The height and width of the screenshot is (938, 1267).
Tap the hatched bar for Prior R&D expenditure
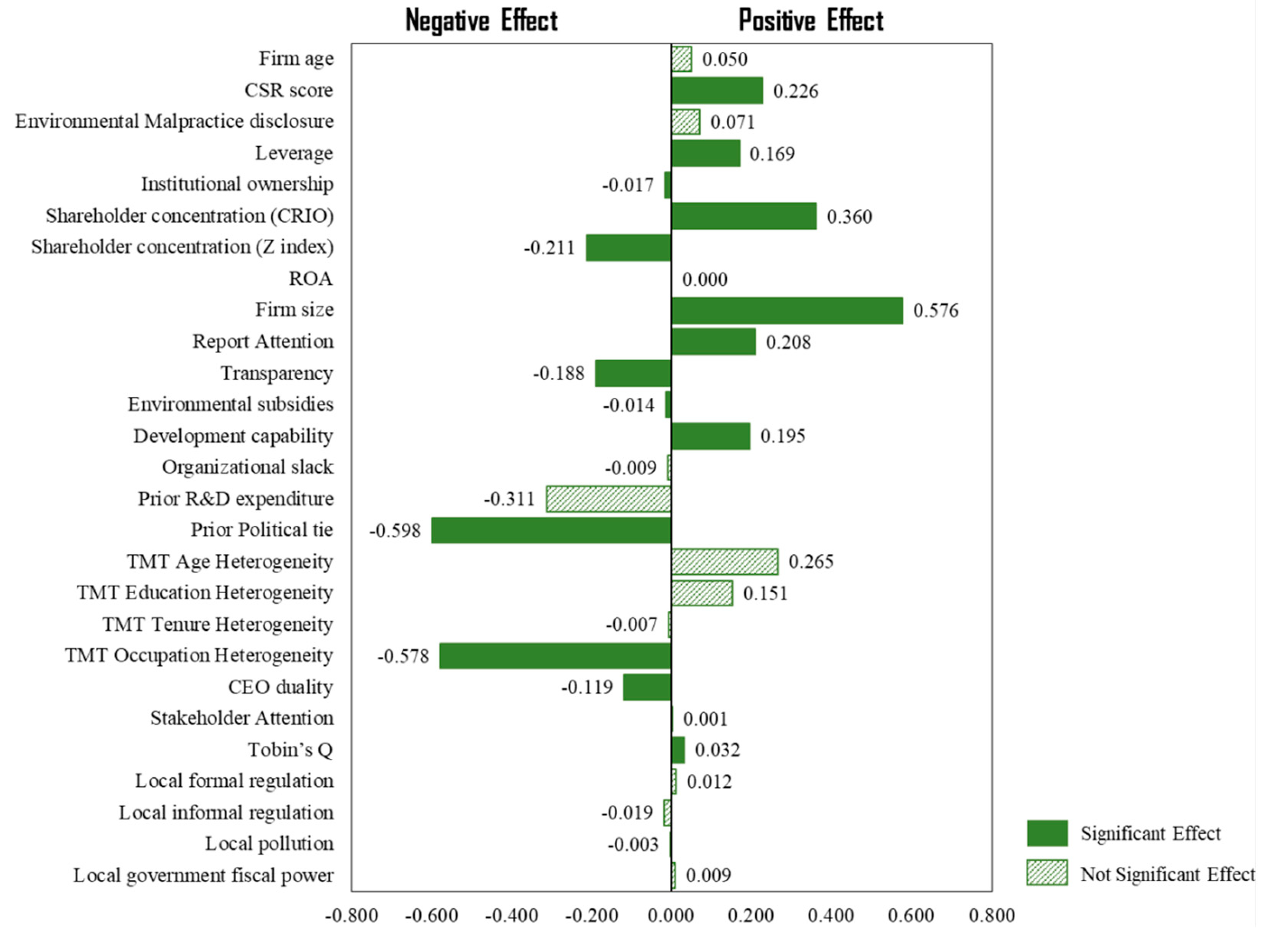pyautogui.click(x=609, y=499)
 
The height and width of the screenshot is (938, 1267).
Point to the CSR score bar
pyautogui.click(x=717, y=91)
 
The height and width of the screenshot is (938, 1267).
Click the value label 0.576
pyautogui.click(x=935, y=310)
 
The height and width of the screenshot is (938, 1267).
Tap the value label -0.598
pyautogui.click(x=395, y=531)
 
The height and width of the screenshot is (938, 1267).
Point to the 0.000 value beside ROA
pyautogui.click(x=704, y=280)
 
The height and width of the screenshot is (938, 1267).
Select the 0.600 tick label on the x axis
pyautogui.click(x=911, y=916)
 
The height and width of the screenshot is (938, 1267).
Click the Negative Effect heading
pyautogui.click(x=482, y=21)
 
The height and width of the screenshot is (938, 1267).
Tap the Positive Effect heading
pyautogui.click(x=811, y=21)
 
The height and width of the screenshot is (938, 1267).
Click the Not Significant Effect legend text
pyautogui.click(x=1167, y=874)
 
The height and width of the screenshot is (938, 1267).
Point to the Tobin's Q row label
pyautogui.click(x=290, y=750)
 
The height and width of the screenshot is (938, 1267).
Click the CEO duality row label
pyautogui.click(x=280, y=687)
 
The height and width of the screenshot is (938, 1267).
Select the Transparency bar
pyautogui.click(x=633, y=373)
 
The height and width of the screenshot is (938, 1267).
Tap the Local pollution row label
pyautogui.click(x=269, y=844)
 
